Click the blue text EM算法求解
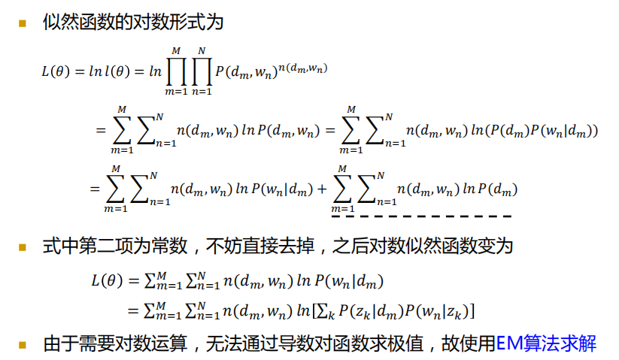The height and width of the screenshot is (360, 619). tap(546, 345)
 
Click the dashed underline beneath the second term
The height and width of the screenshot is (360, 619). tap(421, 216)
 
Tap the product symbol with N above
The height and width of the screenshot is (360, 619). tap(200, 72)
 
